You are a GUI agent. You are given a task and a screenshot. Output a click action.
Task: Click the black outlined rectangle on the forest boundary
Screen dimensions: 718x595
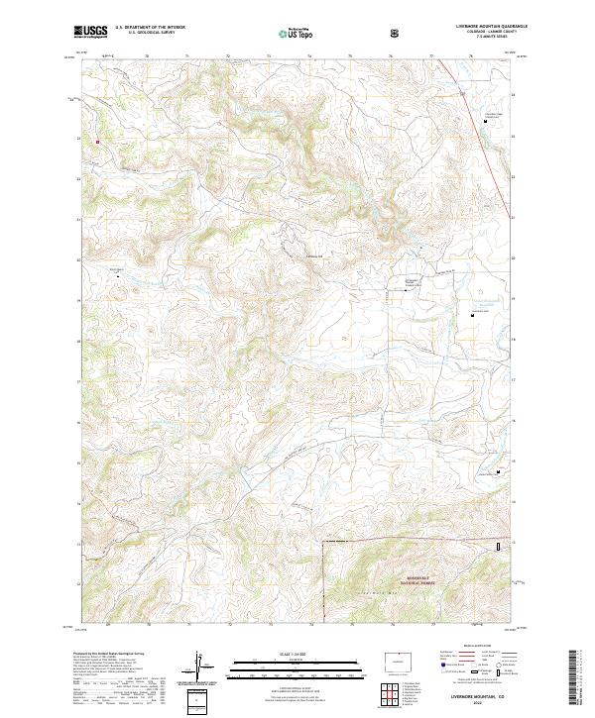(499, 546)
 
